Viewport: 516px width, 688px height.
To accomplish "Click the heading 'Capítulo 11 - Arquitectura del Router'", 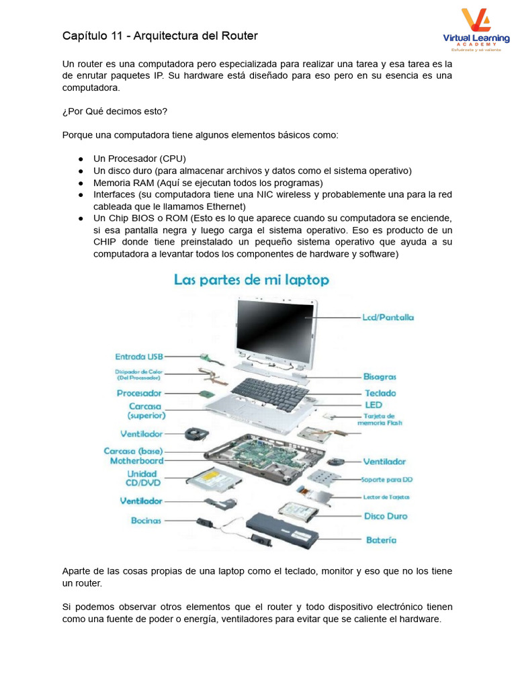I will [160, 36].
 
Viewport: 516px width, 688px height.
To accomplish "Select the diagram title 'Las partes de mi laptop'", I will [251, 279].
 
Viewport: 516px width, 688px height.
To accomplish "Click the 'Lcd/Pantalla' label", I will [388, 317].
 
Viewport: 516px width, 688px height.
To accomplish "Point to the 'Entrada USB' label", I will [139, 357].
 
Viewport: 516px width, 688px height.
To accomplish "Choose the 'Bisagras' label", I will [380, 377].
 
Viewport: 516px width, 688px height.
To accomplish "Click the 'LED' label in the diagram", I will [374, 405].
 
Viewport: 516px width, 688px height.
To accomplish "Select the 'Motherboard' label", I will [136, 462].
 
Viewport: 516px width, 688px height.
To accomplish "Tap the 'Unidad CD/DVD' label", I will [142, 478].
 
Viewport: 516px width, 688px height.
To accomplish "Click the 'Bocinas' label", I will [146, 520].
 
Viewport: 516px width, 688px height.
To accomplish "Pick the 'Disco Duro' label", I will [386, 516].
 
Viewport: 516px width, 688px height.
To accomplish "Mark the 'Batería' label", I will [381, 540].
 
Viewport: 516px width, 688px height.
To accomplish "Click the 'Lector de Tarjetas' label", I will [385, 497].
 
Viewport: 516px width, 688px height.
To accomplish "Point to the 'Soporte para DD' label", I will [387, 480].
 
